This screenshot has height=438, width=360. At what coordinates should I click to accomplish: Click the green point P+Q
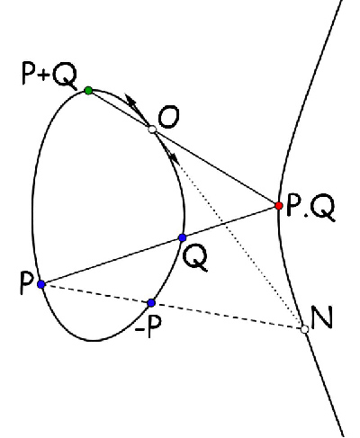(88, 90)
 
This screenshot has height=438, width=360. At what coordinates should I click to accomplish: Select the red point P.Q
(279, 206)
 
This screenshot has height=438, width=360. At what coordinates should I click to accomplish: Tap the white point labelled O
(152, 130)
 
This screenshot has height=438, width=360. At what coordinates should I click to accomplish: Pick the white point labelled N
(305, 329)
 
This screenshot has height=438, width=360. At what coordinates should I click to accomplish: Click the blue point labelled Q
(182, 237)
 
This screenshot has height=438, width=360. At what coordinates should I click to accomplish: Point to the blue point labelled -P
(151, 303)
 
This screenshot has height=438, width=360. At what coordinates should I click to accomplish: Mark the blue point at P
(41, 284)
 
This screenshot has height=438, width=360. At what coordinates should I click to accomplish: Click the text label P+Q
(49, 76)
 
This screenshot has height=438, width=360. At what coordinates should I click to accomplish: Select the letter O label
(168, 118)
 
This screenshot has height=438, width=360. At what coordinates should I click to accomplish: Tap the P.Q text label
(310, 207)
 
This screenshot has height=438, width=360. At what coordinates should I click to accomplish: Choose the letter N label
(322, 317)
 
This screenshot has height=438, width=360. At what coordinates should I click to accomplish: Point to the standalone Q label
(195, 257)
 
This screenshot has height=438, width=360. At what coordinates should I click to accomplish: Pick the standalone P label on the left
(26, 283)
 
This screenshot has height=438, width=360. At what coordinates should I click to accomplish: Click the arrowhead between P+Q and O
(131, 102)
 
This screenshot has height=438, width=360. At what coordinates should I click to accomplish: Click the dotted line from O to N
(229, 229)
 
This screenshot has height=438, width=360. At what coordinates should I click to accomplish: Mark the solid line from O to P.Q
(215, 167)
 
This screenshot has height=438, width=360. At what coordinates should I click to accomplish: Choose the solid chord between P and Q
(112, 261)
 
